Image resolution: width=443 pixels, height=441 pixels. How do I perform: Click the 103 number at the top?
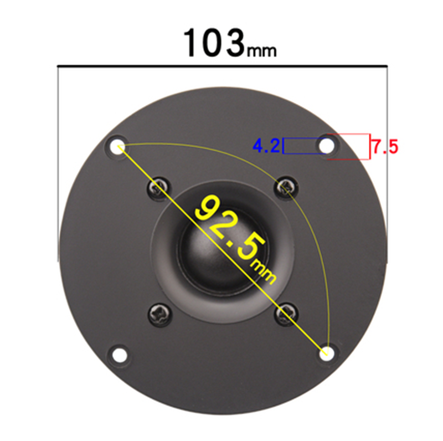point(213,43)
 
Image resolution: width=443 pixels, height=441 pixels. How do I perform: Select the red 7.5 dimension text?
point(384,147)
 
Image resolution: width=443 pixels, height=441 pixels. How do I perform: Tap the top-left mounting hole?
point(117,147)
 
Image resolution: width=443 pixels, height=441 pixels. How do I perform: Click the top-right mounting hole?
point(326,146)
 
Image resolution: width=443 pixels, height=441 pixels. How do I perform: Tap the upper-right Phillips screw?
point(286,187)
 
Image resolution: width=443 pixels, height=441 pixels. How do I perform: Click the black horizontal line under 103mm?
point(221,68)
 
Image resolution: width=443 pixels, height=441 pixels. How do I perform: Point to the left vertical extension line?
point(58,166)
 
